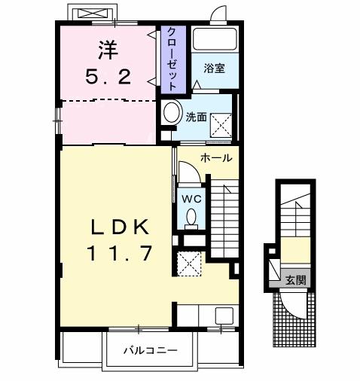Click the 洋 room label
click(x=107, y=52)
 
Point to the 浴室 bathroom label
click(x=214, y=69)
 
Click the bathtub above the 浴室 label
click(x=214, y=40)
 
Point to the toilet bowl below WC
click(x=191, y=218)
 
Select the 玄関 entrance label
click(x=295, y=280)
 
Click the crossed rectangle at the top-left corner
click(x=91, y=14)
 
